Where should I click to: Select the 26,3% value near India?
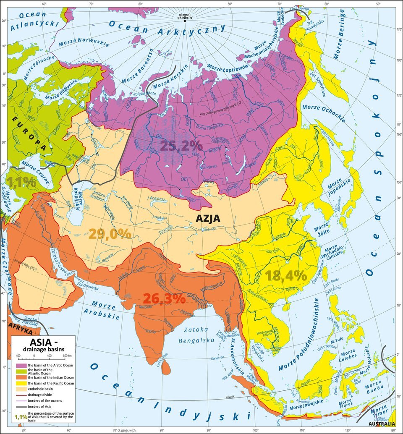point(164,298)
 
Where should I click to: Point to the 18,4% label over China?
point(286,276)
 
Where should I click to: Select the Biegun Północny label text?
point(184,15)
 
